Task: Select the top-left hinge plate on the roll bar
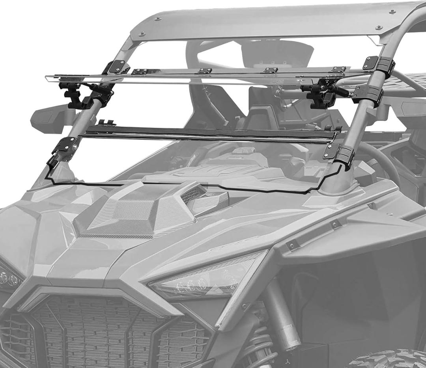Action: [x=117, y=67]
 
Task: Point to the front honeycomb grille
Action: [x=106, y=331]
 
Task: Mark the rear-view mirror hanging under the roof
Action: [x=276, y=53]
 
